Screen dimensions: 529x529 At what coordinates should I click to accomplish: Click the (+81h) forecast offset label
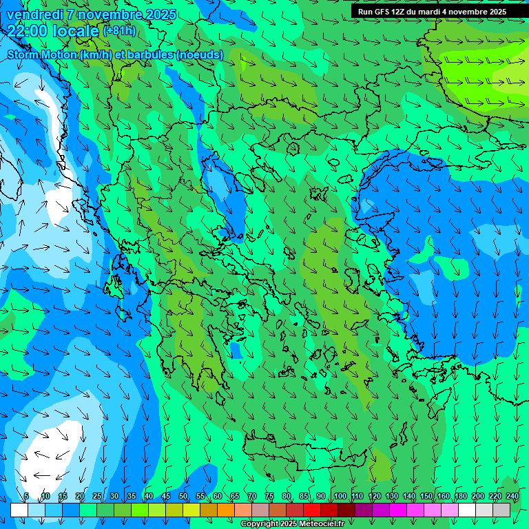coord(119,31)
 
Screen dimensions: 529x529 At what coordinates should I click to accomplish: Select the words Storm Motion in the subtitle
coord(42,54)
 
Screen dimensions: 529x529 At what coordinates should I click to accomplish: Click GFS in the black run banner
coord(381,12)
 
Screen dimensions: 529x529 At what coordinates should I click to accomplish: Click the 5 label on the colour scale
coord(26,496)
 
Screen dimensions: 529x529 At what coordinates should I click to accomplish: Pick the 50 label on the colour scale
coord(183,496)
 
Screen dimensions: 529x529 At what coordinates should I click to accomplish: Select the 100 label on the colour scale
coord(340,496)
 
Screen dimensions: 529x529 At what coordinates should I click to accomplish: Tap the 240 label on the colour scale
coord(512,496)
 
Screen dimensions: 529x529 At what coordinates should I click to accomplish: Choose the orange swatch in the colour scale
coord(226,510)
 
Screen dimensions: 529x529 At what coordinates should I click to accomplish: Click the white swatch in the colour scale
coord(467,510)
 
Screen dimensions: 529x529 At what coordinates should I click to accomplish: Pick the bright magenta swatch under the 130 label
coord(398,510)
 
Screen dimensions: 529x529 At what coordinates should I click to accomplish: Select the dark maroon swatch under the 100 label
coord(346,510)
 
